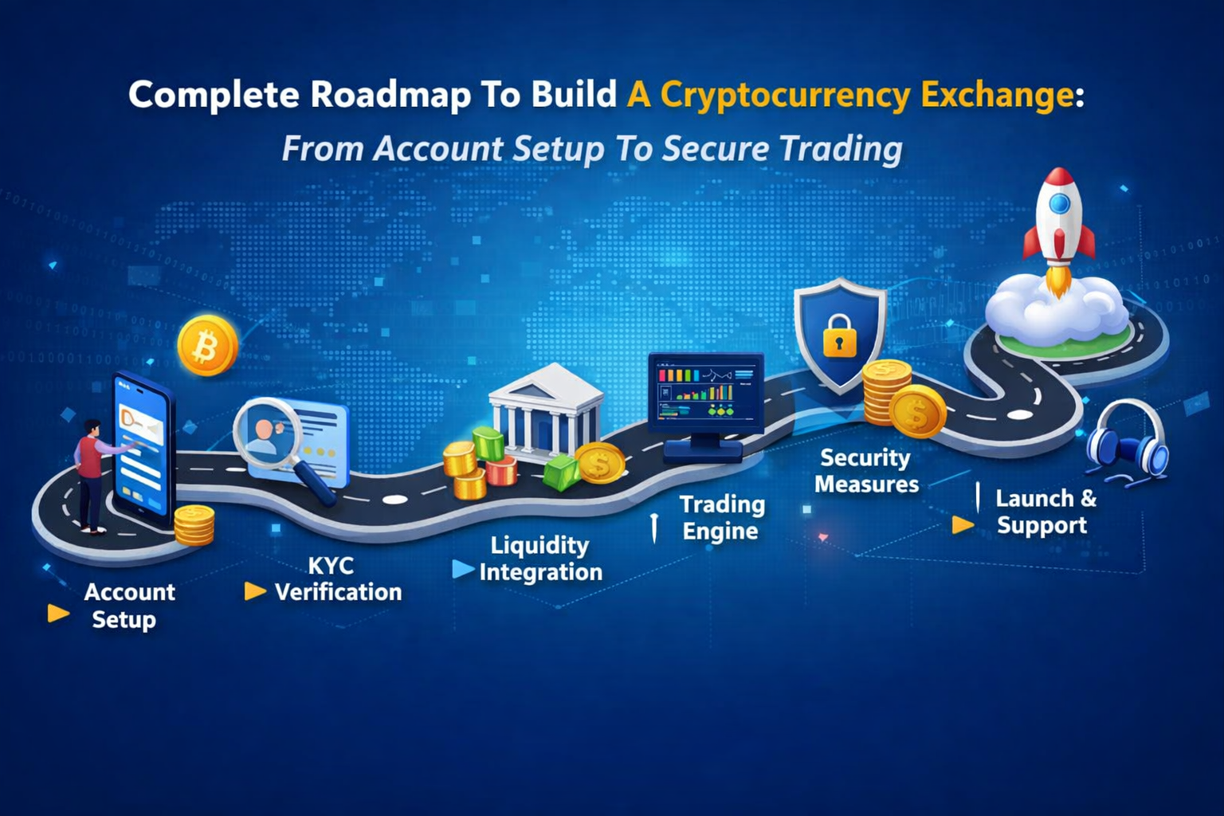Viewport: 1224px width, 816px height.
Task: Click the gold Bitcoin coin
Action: (x=207, y=347)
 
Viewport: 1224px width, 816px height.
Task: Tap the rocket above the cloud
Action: (x=1058, y=219)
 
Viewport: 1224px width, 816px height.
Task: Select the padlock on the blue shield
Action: (x=839, y=335)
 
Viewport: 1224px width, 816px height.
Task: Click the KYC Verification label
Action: (x=336, y=579)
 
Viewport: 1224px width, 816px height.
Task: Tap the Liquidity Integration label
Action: (x=540, y=559)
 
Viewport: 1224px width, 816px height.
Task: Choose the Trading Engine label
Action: (x=721, y=518)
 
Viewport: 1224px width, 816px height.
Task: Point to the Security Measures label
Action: (x=866, y=471)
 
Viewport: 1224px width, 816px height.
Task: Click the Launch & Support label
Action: (x=1044, y=512)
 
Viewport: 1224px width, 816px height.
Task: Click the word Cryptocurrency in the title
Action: (x=785, y=96)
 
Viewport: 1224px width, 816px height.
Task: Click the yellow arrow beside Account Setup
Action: (x=58, y=613)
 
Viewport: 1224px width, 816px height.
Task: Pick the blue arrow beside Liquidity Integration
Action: (x=463, y=569)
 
